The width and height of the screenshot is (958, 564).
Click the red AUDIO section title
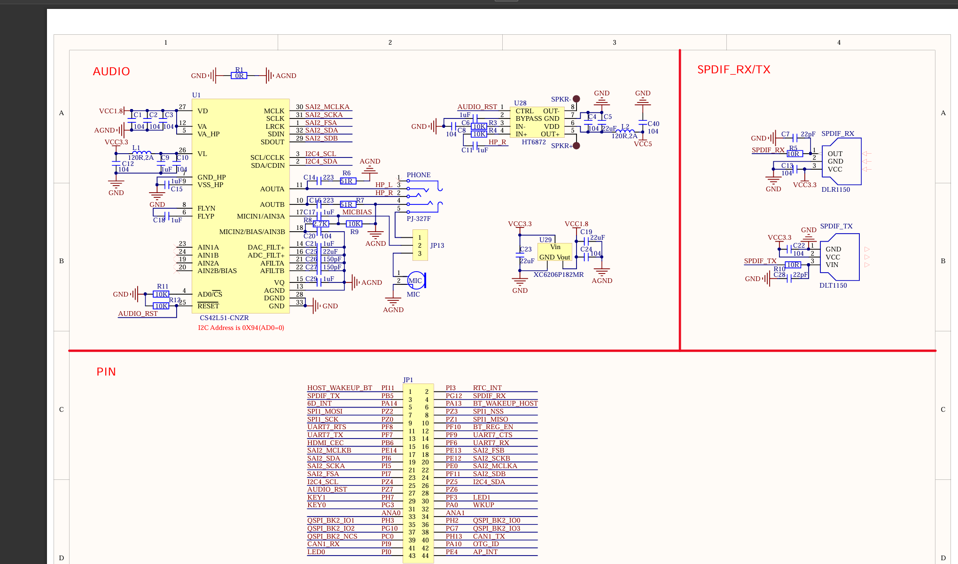[x=111, y=71]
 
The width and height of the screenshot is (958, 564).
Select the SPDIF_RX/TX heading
[x=733, y=70]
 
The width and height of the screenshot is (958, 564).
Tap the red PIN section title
[x=106, y=372]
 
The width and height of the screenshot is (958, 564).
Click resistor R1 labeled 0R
[x=239, y=76]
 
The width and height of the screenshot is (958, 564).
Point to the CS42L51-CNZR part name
[x=224, y=318]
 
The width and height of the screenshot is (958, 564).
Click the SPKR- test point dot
[x=576, y=99]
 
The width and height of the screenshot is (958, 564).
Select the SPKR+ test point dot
[x=576, y=146]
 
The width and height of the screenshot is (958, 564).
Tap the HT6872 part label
[x=534, y=142]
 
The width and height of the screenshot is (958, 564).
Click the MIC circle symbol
[x=415, y=281]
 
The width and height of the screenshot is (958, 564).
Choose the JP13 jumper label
[x=437, y=245]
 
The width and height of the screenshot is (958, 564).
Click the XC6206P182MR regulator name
[x=558, y=274]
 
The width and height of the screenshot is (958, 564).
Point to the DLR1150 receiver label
[x=835, y=189]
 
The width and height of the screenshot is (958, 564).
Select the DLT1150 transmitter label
[x=833, y=285]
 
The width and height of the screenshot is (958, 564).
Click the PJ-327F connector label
[x=418, y=219]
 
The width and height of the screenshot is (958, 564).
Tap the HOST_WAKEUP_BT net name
[x=339, y=388]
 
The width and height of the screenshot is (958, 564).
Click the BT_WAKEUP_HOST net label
[x=505, y=403]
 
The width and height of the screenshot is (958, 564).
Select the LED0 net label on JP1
[x=316, y=552]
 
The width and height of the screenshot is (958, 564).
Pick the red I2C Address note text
[x=241, y=328]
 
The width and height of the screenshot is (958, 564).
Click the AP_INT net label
[x=485, y=552]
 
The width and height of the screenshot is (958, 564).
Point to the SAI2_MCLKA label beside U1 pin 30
[x=327, y=107]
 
